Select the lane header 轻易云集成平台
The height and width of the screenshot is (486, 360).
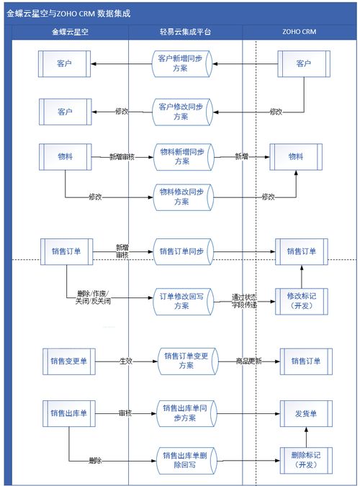pyautogui.click(x=186, y=32)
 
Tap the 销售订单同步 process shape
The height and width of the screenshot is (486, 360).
pyautogui.click(x=181, y=251)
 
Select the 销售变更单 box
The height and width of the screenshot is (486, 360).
pyautogui.click(x=68, y=360)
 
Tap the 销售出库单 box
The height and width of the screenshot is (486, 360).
pyautogui.click(x=68, y=413)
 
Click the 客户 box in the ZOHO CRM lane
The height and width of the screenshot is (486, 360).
pyautogui.click(x=302, y=63)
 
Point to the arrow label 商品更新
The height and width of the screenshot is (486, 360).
pyautogui.click(x=247, y=361)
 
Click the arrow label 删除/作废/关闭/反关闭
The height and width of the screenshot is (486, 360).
pyautogui.click(x=94, y=297)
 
